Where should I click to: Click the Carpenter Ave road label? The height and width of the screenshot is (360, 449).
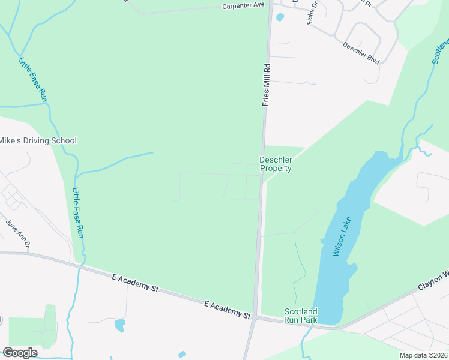[243, 5]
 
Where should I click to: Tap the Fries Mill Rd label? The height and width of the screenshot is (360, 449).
[267, 85]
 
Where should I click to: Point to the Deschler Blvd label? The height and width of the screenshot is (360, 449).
[361, 53]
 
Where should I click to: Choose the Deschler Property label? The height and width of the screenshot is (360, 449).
[276, 164]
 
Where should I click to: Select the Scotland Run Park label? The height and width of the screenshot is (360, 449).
[301, 316]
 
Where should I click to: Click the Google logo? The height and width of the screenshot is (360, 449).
[20, 352]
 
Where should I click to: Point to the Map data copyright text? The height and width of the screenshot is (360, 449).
[423, 355]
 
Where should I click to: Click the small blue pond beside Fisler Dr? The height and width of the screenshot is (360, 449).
[280, 17]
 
